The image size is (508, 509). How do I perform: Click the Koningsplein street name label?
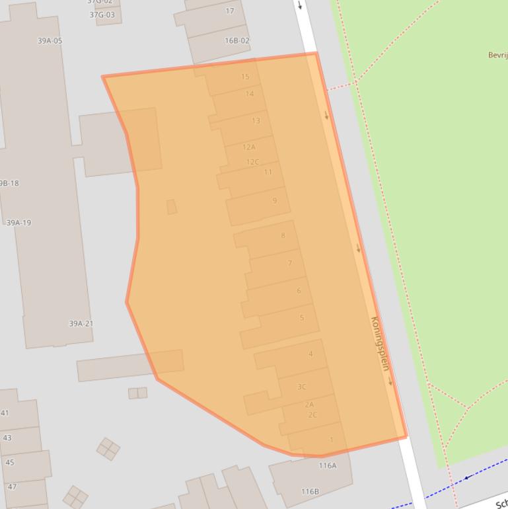coord(380,344)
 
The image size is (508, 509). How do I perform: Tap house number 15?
coord(245,77)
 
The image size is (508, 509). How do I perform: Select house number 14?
coord(249,94)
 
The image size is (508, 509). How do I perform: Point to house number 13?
coord(256,120)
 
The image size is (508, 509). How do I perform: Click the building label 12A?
coord(248,147)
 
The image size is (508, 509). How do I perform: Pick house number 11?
coord(268,172)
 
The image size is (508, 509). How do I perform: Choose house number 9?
coord(274,201)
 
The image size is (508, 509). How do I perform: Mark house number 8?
coord(283,235)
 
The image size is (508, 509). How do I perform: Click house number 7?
coord(289,263)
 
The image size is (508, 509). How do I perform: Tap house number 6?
coord(299,291)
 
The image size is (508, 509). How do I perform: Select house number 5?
coord(302,318)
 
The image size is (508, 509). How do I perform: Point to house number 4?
coord(310,354)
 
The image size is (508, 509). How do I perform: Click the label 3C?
coord(302,387)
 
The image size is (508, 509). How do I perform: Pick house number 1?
coord(332,440)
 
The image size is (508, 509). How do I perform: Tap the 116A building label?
coord(328,465)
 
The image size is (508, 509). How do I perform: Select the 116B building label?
coord(310,492)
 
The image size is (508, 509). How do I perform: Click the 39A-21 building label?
coord(81,324)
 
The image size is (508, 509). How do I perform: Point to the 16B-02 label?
coord(237,40)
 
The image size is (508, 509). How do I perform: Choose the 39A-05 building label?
coord(50,41)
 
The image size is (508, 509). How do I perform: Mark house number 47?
coord(12,487)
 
